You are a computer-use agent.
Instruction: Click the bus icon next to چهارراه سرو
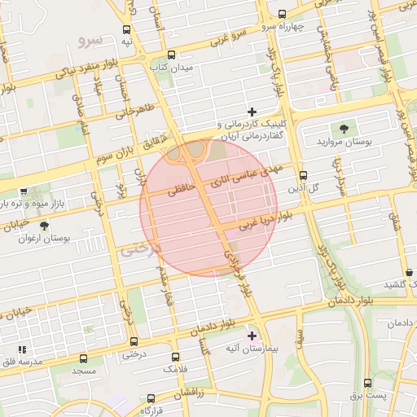[282, 14]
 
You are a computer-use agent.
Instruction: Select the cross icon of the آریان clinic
[252, 112]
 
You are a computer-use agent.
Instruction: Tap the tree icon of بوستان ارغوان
[43, 226]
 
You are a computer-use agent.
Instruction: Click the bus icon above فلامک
[175, 357]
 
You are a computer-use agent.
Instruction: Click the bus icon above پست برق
[367, 382]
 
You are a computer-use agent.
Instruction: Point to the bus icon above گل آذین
[303, 175]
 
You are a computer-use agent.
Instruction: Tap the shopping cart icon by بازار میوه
[23, 193]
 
